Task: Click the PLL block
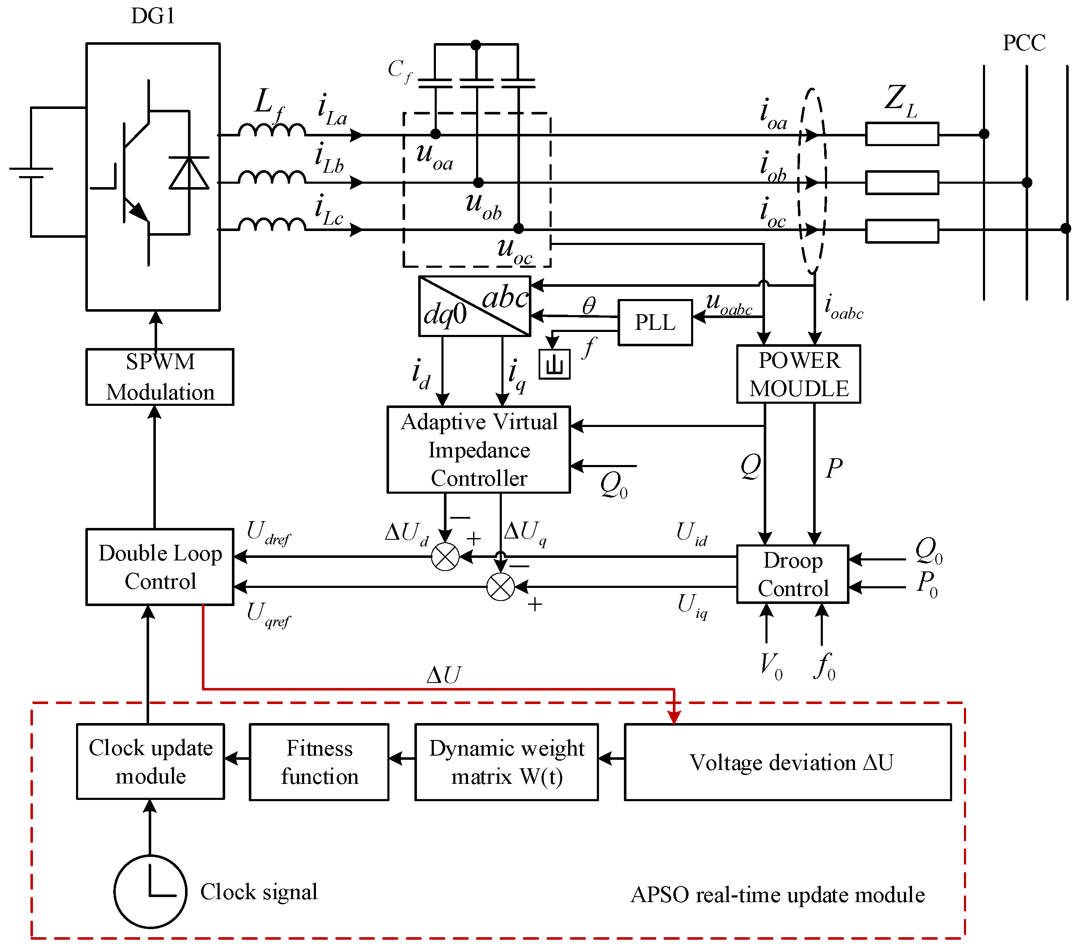click(655, 323)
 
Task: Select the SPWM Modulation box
click(160, 377)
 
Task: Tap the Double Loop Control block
click(160, 567)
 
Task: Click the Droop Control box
click(792, 574)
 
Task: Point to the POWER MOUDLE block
click(798, 374)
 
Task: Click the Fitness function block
click(319, 762)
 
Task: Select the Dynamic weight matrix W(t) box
click(506, 762)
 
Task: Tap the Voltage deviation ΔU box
click(788, 762)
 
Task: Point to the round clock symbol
click(150, 891)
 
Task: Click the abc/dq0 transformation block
click(475, 306)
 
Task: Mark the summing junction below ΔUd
click(445, 557)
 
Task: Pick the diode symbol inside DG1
click(189, 173)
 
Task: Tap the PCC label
click(1024, 43)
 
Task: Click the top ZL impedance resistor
click(902, 134)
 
